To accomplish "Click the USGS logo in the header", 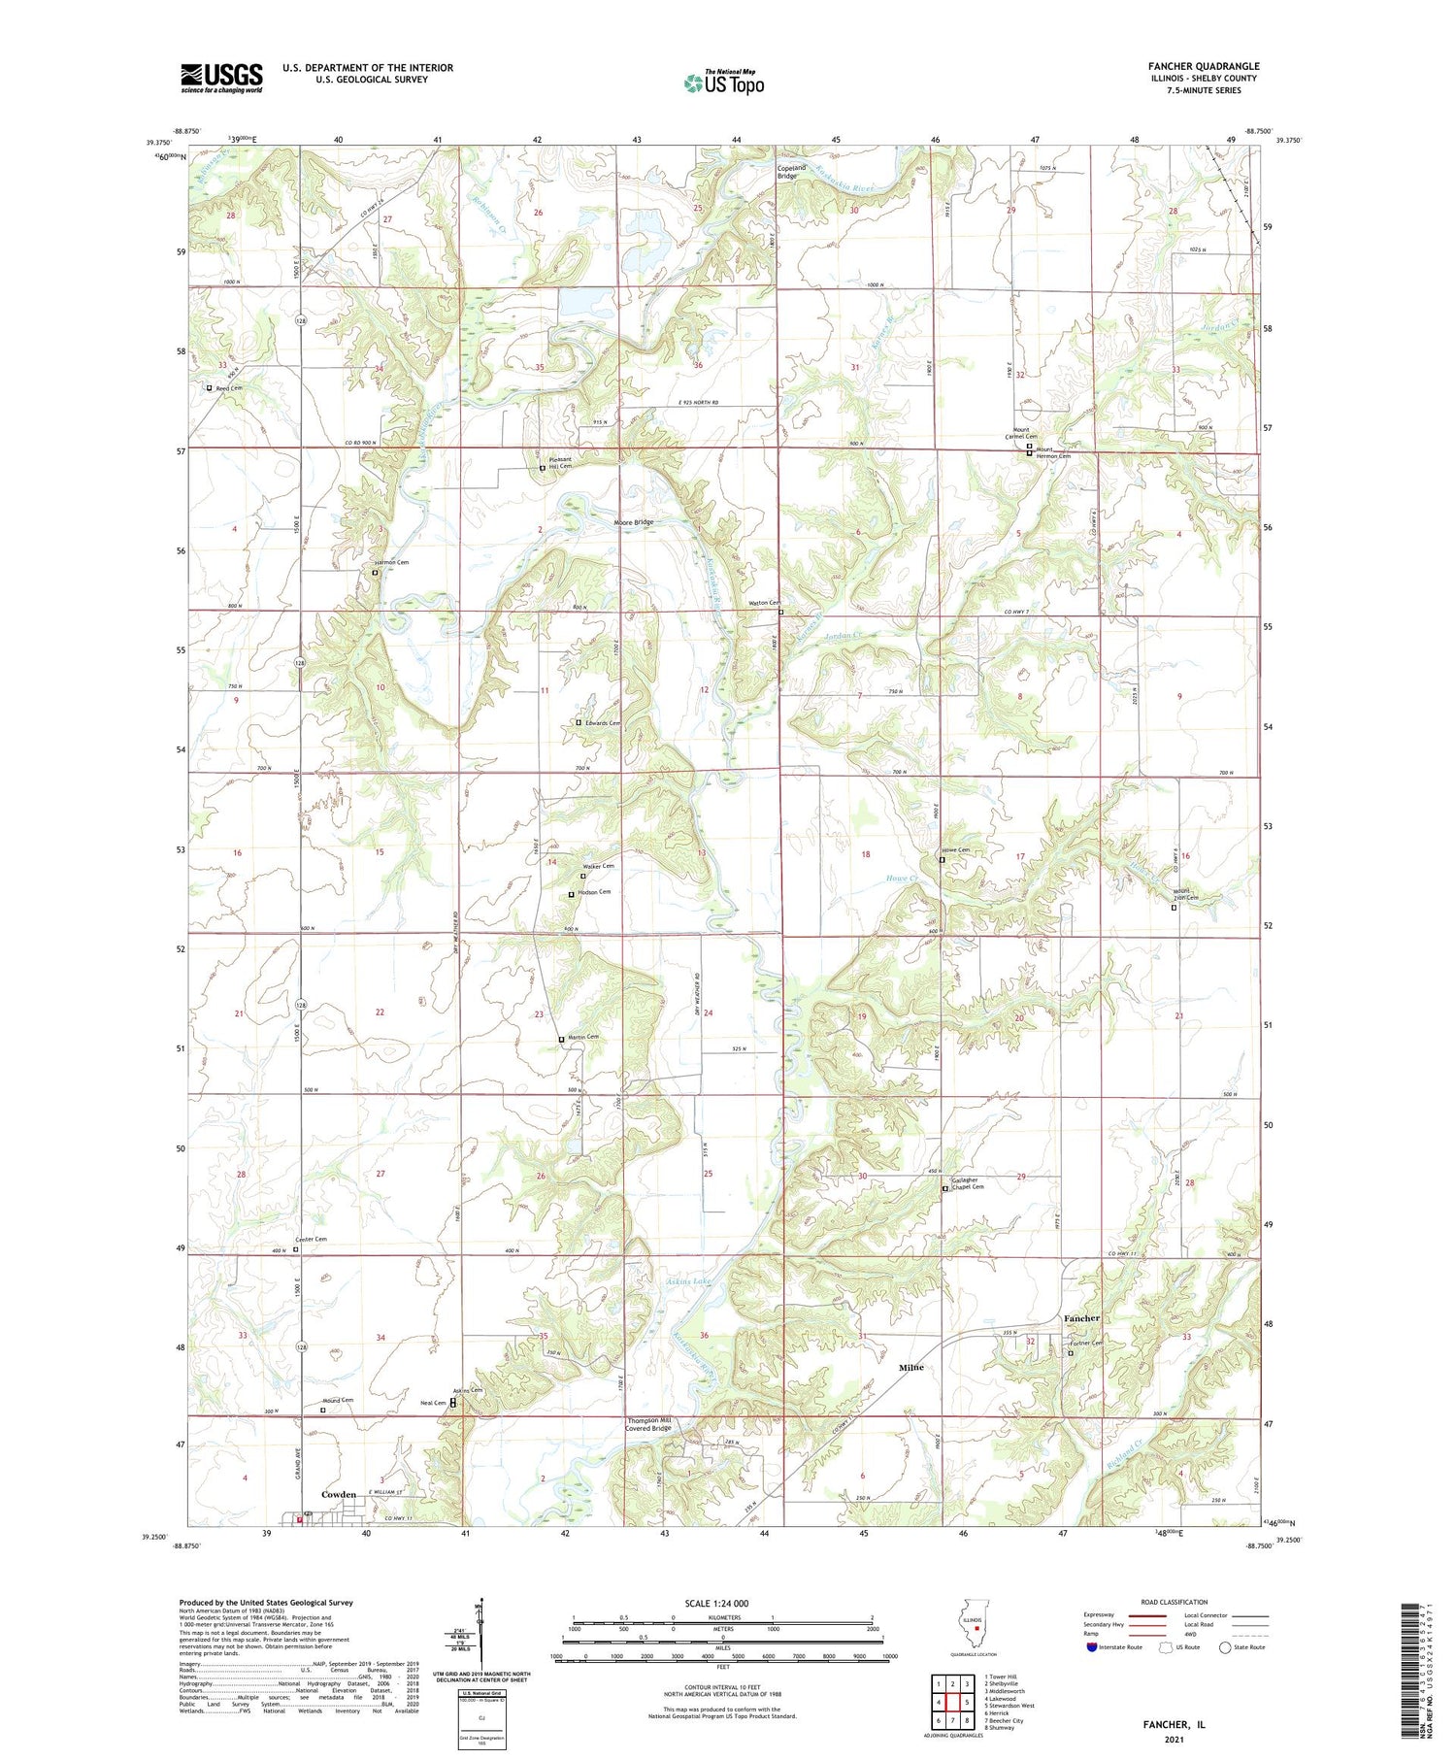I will coord(221,78).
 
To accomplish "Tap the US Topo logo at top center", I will coord(723,83).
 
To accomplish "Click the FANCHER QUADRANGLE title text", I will coord(1203,66).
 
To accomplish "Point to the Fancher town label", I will coord(1081,1318).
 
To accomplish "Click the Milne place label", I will coord(910,1367).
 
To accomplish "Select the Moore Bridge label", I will coord(634,522).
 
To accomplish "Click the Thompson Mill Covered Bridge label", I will coord(647,1424).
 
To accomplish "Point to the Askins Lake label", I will coord(688,1282).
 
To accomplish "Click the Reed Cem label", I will coord(229,388).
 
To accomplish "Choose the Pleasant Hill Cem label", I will coord(560,463).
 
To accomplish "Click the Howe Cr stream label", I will coord(902,879).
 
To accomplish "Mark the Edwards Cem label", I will coord(602,723).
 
